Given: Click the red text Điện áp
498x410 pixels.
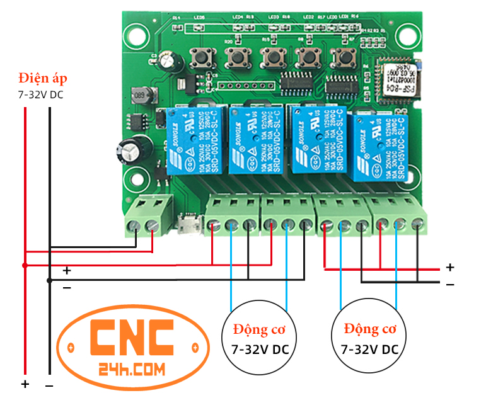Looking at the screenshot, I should [42, 79].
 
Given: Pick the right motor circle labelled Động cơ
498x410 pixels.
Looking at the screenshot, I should [369, 338].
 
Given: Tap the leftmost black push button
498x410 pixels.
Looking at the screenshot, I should [202, 57].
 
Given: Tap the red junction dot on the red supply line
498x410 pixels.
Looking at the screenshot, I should [25, 265].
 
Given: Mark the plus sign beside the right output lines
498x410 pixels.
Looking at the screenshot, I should [450, 267].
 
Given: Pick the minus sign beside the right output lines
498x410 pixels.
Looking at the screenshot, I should [450, 284].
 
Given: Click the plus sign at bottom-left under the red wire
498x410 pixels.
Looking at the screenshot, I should [25, 384].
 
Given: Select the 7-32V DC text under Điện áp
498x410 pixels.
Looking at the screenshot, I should [40, 95].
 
